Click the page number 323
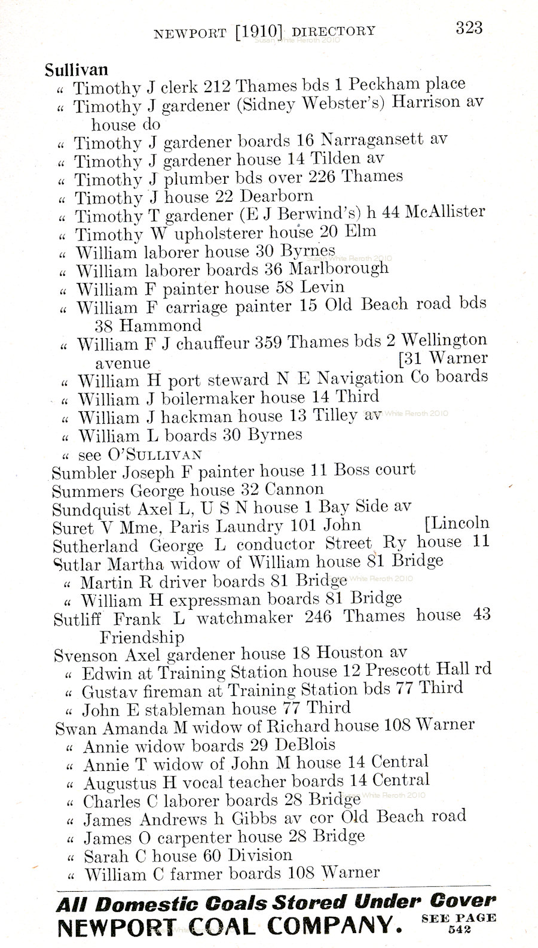click(x=469, y=28)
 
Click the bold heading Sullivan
click(x=76, y=69)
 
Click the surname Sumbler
click(x=84, y=473)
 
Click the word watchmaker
click(x=244, y=618)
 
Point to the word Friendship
click(x=142, y=637)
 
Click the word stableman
click(x=173, y=710)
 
